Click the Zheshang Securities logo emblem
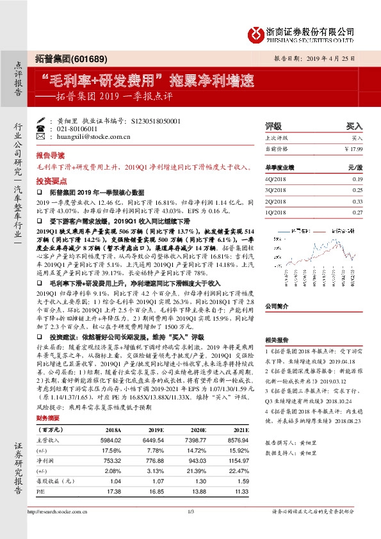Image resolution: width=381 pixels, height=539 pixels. coord(256,32)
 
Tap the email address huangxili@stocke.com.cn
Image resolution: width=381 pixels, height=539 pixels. coord(85,136)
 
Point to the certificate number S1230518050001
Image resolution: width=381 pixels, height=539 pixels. coord(155,120)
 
